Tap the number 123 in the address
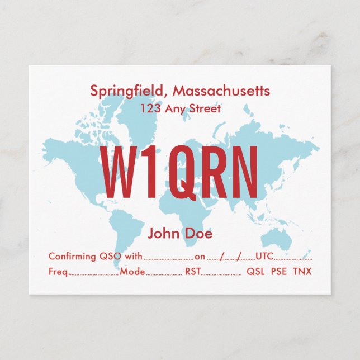click(150, 108)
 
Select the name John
click(163, 234)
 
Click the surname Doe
click(198, 234)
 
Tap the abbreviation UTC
click(264, 257)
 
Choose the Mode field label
click(132, 272)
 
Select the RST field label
click(192, 272)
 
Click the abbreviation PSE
click(279, 272)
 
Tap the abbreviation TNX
click(302, 272)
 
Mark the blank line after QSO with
click(168, 259)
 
